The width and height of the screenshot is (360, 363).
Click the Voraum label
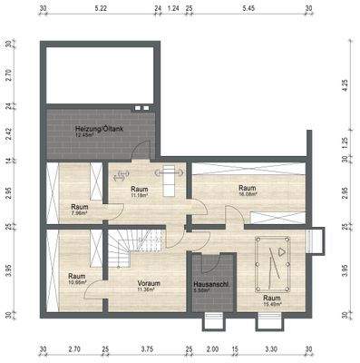click(149, 283)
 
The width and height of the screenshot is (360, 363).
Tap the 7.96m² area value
click(80, 214)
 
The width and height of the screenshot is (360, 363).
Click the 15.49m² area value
click(271, 303)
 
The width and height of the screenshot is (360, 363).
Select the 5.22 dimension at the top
click(101, 7)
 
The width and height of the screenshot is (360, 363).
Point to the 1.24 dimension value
click(173, 7)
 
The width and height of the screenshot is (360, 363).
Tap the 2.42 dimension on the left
click(7, 134)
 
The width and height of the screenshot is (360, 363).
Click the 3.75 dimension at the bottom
click(147, 348)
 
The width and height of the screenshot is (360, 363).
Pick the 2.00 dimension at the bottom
click(211, 348)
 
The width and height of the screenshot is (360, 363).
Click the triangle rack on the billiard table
click(283, 249)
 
